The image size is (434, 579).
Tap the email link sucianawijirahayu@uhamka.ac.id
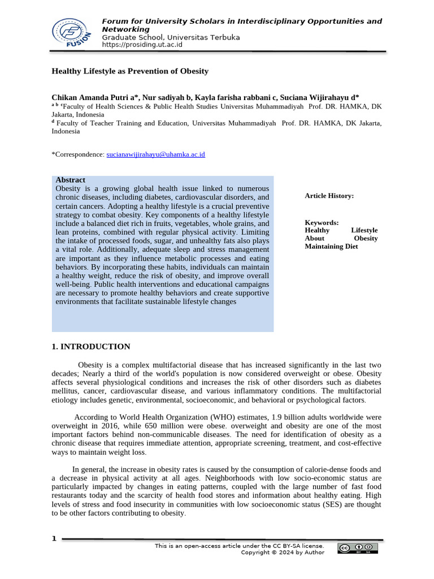[155, 154]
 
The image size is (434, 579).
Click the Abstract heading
[71, 180]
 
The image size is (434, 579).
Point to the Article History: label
[329, 196]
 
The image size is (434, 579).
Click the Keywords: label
[322, 223]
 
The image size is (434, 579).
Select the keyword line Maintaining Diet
[331, 247]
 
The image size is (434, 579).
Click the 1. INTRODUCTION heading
[91, 347]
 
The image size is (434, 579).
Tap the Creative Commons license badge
[358, 548]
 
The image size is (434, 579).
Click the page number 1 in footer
[54, 538]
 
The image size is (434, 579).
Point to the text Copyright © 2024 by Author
[283, 552]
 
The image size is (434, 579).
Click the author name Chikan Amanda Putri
[89, 97]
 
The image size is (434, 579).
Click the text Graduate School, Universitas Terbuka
[171, 37]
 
